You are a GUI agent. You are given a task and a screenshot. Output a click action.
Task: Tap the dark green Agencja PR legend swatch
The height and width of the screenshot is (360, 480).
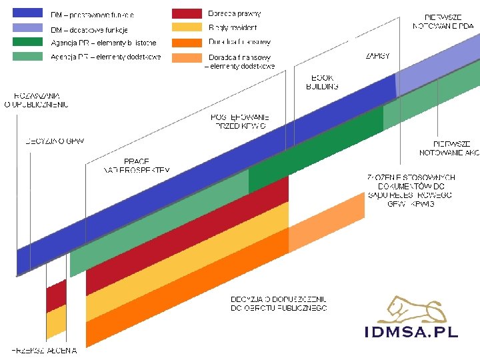tap(28, 42)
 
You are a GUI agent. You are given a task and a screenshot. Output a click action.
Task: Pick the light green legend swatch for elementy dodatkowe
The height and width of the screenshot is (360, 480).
tap(28, 57)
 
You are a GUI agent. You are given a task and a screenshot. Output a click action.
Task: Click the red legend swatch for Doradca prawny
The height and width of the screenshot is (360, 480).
tap(187, 13)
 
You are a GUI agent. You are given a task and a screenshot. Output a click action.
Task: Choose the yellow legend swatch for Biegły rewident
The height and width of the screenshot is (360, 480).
tap(187, 27)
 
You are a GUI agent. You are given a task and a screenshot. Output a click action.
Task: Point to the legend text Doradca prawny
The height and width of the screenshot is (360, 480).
tap(235, 13)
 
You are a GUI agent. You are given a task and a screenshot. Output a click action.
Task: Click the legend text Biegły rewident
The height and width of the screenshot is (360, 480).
tap(233, 27)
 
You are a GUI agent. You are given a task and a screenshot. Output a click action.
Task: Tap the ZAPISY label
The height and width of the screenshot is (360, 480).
tap(377, 56)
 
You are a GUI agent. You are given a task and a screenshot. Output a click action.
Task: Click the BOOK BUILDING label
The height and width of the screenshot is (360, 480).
tap(322, 82)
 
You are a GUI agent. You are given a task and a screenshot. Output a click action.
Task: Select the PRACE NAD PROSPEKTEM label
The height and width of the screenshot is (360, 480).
tap(136, 165)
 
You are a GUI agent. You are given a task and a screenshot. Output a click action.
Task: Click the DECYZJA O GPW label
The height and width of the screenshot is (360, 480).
tap(55, 141)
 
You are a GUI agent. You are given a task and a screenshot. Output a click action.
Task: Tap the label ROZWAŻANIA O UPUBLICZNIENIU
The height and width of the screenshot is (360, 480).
tap(36, 100)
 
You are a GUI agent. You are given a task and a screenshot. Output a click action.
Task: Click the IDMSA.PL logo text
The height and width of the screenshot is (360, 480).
tap(411, 332)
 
